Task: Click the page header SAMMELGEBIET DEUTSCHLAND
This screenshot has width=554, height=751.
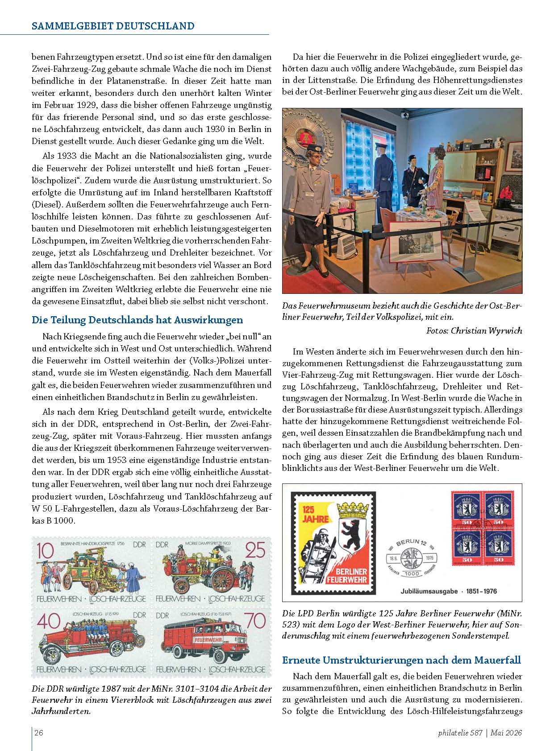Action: (x=113, y=25)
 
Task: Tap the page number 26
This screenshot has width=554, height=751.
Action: (x=39, y=732)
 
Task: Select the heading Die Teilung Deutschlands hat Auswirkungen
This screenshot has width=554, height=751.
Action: (x=137, y=320)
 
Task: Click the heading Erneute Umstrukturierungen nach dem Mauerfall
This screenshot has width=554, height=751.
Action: (x=402, y=660)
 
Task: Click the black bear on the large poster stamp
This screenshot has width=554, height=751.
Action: (x=352, y=532)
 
